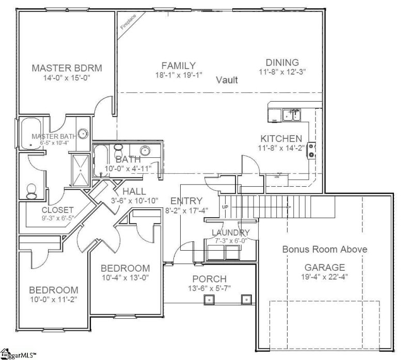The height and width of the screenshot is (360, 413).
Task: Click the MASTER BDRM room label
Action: click(x=67, y=68)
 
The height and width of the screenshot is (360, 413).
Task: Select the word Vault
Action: click(x=227, y=80)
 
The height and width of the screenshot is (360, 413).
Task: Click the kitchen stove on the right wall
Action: click(x=312, y=150)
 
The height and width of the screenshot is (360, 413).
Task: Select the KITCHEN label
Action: click(x=281, y=139)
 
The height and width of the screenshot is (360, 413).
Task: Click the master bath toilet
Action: click(x=31, y=191)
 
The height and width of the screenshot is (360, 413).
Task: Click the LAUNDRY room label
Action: click(x=231, y=233)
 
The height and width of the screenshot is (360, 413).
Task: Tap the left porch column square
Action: click(x=210, y=299)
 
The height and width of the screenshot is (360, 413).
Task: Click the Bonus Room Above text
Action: click(x=325, y=249)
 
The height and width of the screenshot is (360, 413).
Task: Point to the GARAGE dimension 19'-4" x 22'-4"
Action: click(x=325, y=277)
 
